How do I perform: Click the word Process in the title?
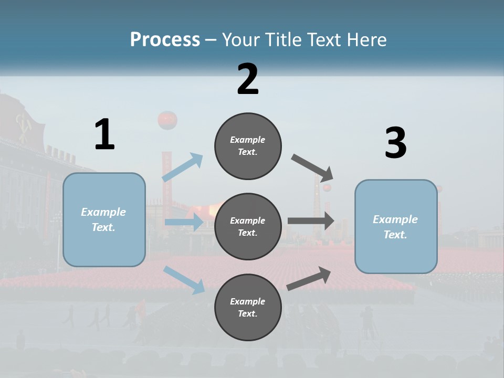(x=165, y=39)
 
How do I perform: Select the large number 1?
(x=104, y=134)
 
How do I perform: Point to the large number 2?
(x=248, y=79)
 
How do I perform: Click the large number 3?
(x=395, y=143)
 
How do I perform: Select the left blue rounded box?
(x=104, y=219)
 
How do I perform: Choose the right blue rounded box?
(x=396, y=226)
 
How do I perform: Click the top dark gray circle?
(x=248, y=146)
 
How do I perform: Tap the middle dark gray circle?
(x=248, y=226)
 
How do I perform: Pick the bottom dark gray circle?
(x=248, y=307)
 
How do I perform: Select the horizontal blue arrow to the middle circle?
(x=184, y=222)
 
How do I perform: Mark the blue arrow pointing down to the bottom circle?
(x=184, y=279)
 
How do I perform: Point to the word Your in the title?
(x=241, y=39)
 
